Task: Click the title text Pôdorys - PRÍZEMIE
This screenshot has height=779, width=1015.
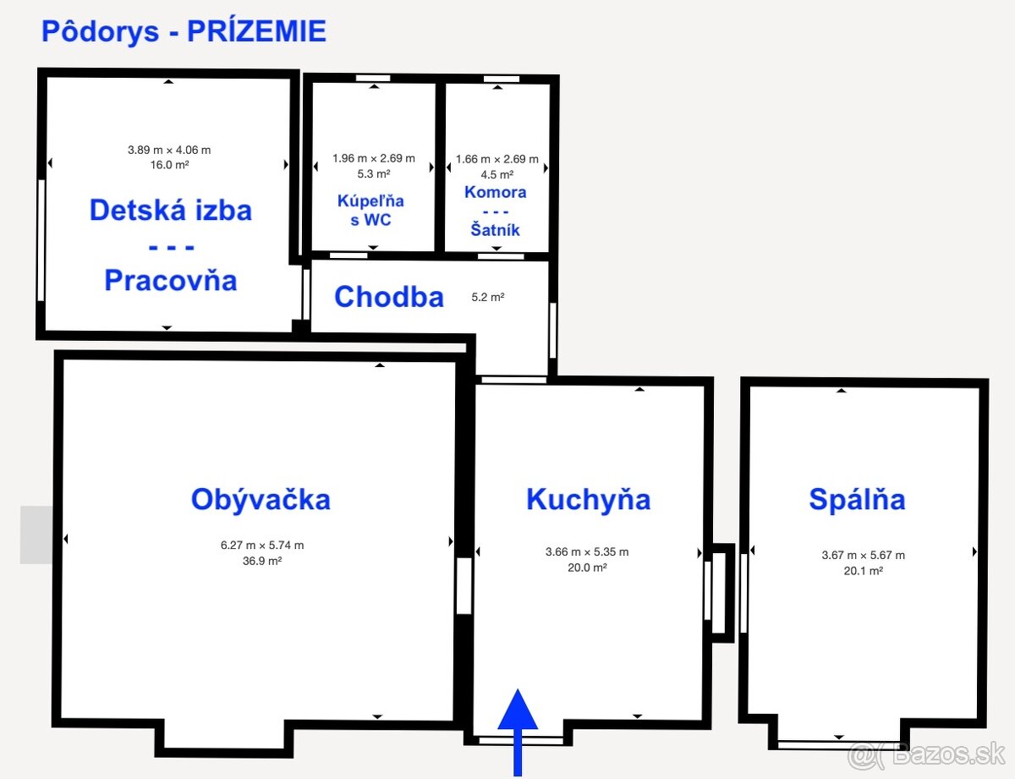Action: [184, 31]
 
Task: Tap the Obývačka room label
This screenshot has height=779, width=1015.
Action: [261, 499]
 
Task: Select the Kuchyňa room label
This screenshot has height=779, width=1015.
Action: [588, 499]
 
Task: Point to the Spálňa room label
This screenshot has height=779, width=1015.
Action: [857, 499]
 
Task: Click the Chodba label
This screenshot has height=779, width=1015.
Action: [388, 297]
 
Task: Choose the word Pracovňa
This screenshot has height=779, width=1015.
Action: [170, 280]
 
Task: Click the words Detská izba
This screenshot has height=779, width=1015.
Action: [170, 210]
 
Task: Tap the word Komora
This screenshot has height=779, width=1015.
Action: [496, 192]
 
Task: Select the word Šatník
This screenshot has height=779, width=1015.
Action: [496, 229]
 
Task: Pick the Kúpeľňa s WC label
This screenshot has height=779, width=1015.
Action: [371, 211]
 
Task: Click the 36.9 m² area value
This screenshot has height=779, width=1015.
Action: [262, 561]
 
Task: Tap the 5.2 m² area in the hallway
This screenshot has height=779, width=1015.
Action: [488, 298]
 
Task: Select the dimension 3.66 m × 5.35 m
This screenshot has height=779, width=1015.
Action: [587, 552]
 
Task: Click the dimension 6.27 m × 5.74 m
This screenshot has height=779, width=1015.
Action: [262, 546]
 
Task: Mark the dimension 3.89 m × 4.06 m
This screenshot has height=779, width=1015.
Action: [169, 150]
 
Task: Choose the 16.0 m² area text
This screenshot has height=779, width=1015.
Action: [169, 165]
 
